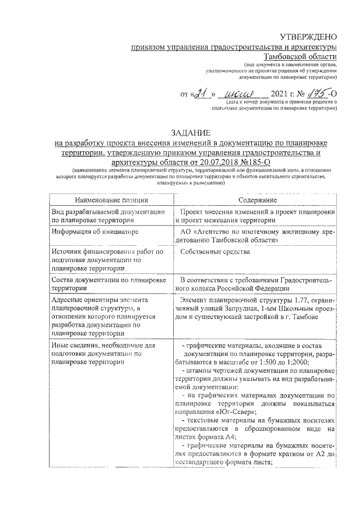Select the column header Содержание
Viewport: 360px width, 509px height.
pyautogui.click(x=257, y=200)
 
